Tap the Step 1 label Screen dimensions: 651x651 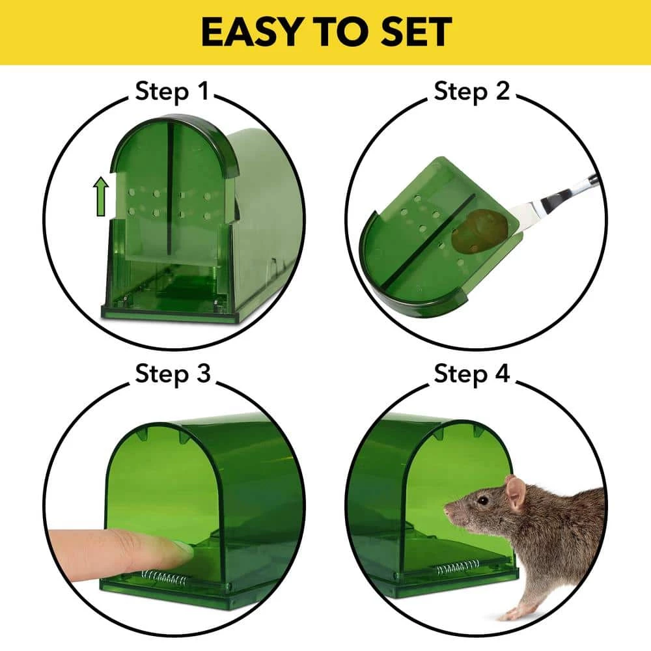pos(173,92)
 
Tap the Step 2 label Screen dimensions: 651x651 pos(472,92)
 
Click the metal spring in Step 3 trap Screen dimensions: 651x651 pos(163,576)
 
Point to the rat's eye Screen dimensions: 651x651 pos(482,500)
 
